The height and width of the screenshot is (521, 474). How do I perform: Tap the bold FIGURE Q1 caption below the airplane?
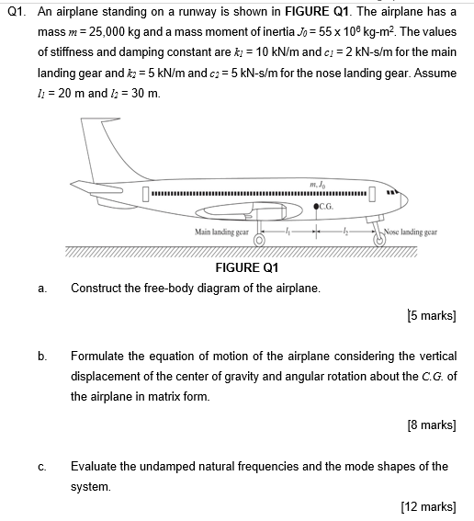pyautogui.click(x=245, y=268)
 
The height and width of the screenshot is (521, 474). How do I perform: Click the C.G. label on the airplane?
pyautogui.click(x=329, y=206)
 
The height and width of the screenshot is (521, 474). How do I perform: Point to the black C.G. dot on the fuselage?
pyautogui.click(x=316, y=206)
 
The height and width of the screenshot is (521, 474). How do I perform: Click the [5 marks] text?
pyautogui.click(x=430, y=316)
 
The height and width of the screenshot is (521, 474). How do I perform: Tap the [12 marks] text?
pyautogui.click(x=427, y=505)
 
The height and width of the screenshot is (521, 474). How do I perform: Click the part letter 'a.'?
pyautogui.click(x=41, y=289)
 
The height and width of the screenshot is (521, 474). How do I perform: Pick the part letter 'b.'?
pyautogui.click(x=41, y=356)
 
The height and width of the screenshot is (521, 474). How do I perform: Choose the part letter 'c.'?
pyautogui.click(x=41, y=466)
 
